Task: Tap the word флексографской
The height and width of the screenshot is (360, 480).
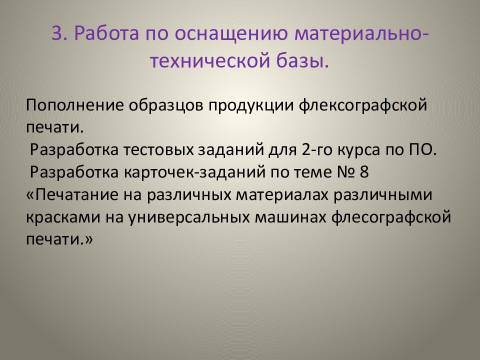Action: (x=369, y=106)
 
